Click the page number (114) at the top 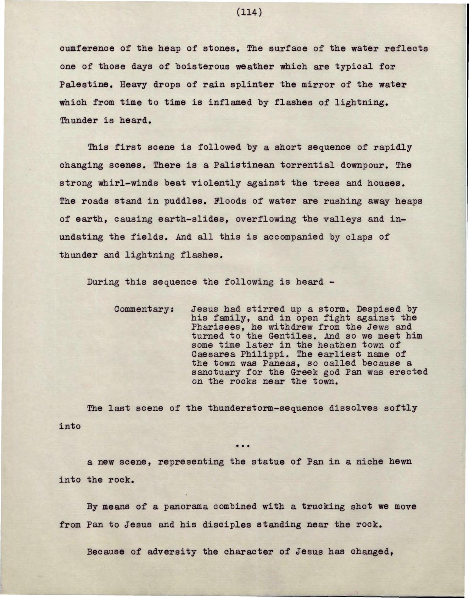[249, 13]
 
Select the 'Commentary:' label [144, 309]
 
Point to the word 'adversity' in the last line [172, 552]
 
